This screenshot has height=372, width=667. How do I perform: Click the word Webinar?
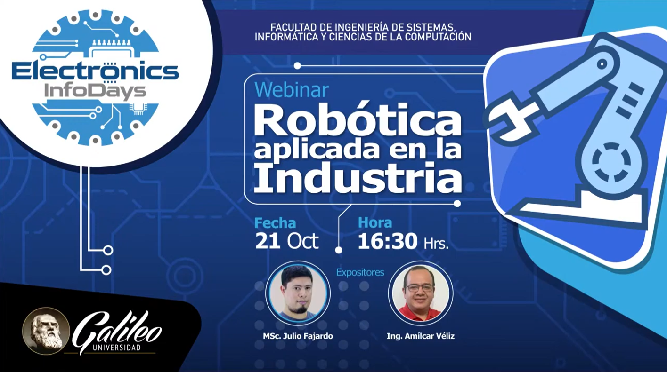292,90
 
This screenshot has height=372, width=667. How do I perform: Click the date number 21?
268,241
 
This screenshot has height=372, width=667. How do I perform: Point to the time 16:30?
387,241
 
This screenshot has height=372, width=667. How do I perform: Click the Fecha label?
275,223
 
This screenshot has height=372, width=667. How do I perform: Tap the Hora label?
375,223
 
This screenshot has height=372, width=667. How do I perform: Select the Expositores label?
360,272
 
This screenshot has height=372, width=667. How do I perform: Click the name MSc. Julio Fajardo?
298,336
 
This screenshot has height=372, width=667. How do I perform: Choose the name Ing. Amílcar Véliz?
421,336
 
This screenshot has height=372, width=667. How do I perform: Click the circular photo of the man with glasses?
421,293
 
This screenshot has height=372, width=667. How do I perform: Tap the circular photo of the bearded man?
298,293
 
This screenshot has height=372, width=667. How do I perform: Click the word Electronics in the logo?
95,71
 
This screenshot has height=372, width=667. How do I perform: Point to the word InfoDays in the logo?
95,92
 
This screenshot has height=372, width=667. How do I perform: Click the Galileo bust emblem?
46,331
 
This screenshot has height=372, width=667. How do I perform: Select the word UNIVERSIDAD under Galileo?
117,348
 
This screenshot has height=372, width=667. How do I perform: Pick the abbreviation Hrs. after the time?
436,244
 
